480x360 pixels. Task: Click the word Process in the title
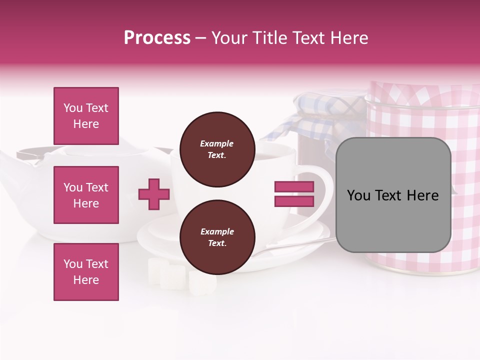[157, 38]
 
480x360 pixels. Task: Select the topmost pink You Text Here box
[86, 116]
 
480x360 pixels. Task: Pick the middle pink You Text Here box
[86, 195]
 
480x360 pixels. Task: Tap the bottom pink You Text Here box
[86, 272]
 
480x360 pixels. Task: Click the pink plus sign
[154, 194]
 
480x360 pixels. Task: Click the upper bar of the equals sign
[294, 187]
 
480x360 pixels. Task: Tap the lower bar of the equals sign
[294, 201]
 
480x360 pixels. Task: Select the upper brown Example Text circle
[217, 149]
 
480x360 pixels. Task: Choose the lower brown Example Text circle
[217, 237]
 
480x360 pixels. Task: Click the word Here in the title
[349, 38]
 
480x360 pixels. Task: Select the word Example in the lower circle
[217, 231]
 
